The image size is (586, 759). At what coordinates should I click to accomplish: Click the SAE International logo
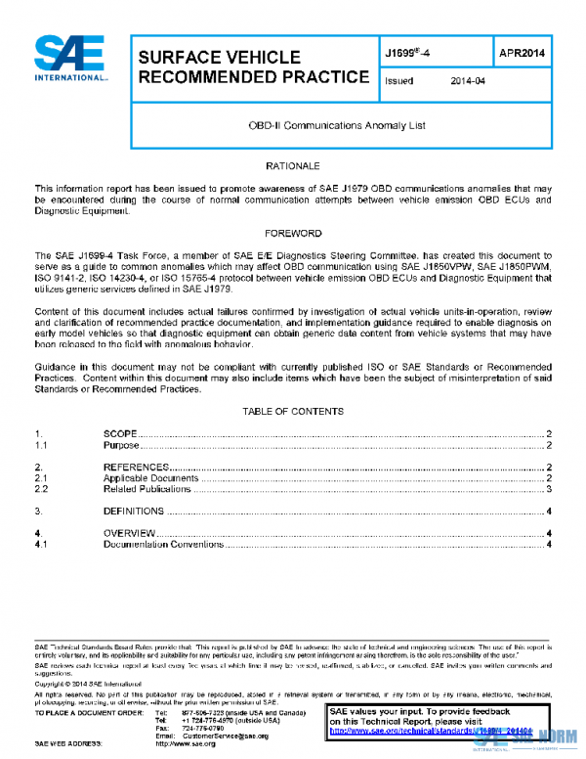coord(69,60)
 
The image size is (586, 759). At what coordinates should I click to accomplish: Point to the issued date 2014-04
coord(469,82)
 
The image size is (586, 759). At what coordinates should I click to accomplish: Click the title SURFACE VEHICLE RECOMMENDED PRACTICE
coord(253,67)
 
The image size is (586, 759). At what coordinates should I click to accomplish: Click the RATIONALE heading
coord(293,167)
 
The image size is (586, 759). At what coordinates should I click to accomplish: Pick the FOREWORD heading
coord(293,234)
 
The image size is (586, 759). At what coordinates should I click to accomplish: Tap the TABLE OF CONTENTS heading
coord(293,411)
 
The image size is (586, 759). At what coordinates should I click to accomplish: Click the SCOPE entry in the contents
coord(120,433)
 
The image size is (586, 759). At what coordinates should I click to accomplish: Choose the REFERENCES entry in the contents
coord(137,467)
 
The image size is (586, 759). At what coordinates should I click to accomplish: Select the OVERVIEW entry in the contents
coord(129,533)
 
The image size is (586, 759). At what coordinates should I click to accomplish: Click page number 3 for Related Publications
coord(550,489)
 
